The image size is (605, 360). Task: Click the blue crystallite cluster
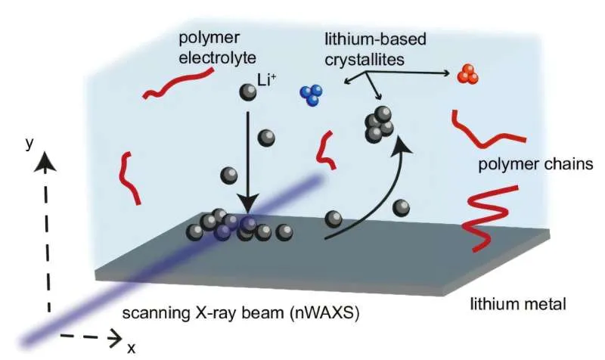pos(312,95)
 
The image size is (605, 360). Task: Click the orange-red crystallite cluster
pos(467,74)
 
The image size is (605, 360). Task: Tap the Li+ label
pos(267,80)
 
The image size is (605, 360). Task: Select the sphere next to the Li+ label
pos(248,92)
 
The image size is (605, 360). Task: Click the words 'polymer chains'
pos(535,164)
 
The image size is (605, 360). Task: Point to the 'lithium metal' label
pos(518,304)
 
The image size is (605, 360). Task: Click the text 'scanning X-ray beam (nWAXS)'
pos(240,312)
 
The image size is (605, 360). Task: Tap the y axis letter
pos(29,144)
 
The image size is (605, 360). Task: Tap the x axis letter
pos(131,348)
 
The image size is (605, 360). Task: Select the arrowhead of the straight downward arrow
pos(248,203)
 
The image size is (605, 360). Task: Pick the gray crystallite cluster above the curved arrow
pos(379,124)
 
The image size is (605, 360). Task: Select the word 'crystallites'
pos(365,60)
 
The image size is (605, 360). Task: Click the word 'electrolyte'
pos(217,57)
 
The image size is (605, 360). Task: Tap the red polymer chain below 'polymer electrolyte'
pos(178,83)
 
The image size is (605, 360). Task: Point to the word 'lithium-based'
pos(375,39)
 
